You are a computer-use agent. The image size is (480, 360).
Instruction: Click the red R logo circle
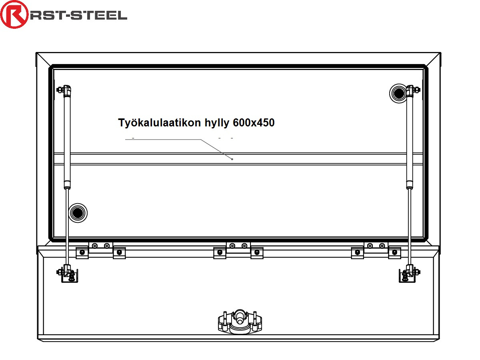(x=14, y=15)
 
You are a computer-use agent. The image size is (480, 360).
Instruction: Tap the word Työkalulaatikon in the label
(x=159, y=123)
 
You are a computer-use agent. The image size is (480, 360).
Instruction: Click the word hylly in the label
(x=216, y=123)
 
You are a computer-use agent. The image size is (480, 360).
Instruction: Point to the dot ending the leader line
(x=232, y=159)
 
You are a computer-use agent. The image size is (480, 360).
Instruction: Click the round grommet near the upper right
(x=398, y=94)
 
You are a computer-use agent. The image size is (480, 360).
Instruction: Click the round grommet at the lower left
(x=78, y=213)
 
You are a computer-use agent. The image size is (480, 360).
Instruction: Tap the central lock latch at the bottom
(x=239, y=322)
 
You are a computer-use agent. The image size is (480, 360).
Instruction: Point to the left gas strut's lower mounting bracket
(x=69, y=274)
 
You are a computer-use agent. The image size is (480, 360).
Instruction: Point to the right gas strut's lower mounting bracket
(x=408, y=274)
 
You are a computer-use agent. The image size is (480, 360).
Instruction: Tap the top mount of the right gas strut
(x=411, y=90)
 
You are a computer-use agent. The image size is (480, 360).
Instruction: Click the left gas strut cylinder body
(x=68, y=140)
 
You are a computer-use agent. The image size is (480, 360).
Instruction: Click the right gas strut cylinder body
(x=410, y=140)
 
